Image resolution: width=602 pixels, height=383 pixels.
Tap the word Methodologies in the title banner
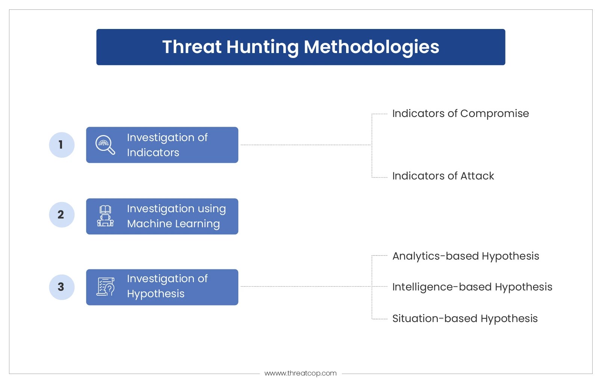371,47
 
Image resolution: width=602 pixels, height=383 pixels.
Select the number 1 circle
62,145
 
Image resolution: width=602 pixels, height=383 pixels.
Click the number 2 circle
62,215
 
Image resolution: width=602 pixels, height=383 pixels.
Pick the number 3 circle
62,287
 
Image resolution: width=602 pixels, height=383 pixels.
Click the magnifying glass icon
105,145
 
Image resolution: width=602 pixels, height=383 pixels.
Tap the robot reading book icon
105,216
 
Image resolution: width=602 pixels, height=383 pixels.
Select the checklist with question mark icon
106,287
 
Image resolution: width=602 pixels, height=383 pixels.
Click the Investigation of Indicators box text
167,145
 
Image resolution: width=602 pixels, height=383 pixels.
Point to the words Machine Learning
173,224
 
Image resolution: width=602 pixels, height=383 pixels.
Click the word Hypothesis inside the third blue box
156,294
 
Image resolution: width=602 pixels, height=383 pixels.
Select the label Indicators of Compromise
460,114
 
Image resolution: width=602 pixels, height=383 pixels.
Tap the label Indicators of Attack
443,176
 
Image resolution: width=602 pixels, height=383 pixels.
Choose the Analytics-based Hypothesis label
466,256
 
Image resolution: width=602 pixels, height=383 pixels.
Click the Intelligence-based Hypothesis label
472,287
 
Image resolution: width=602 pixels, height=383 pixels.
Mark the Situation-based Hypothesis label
465,319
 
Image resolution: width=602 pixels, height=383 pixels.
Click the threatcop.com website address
301,373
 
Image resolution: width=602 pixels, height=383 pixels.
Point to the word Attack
477,176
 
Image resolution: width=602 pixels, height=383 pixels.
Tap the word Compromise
495,114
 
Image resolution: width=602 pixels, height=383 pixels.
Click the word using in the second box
212,209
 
